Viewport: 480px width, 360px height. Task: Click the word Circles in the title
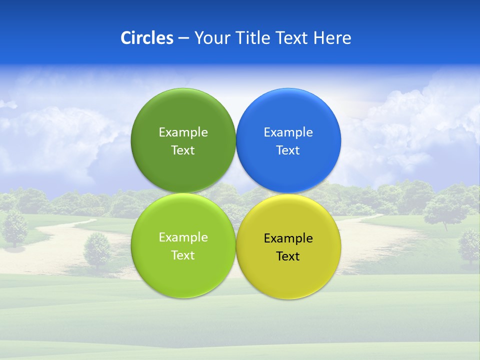pyautogui.click(x=147, y=38)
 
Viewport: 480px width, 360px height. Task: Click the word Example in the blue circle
pyautogui.click(x=288, y=132)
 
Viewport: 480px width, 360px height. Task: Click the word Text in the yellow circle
pyautogui.click(x=288, y=256)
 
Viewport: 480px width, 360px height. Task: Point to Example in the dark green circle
pyautogui.click(x=183, y=132)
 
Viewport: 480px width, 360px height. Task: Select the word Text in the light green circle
pyautogui.click(x=183, y=255)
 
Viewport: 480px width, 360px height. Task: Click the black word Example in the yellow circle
pyautogui.click(x=288, y=238)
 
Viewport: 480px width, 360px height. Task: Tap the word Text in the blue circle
pyautogui.click(x=288, y=150)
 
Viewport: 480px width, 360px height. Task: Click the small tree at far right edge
pyautogui.click(x=469, y=245)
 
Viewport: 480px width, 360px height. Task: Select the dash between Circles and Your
pyautogui.click(x=183, y=38)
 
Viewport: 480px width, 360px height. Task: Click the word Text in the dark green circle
pyautogui.click(x=183, y=150)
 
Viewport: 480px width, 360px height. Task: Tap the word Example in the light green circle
pyautogui.click(x=183, y=237)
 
